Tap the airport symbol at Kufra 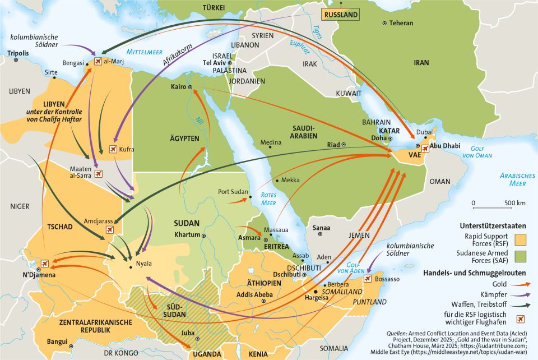tap(113, 149)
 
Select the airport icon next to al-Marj tap(99, 62)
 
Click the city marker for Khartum tap(203, 235)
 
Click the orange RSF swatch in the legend tap(522, 241)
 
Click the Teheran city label tap(401, 23)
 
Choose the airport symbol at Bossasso tap(368, 278)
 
